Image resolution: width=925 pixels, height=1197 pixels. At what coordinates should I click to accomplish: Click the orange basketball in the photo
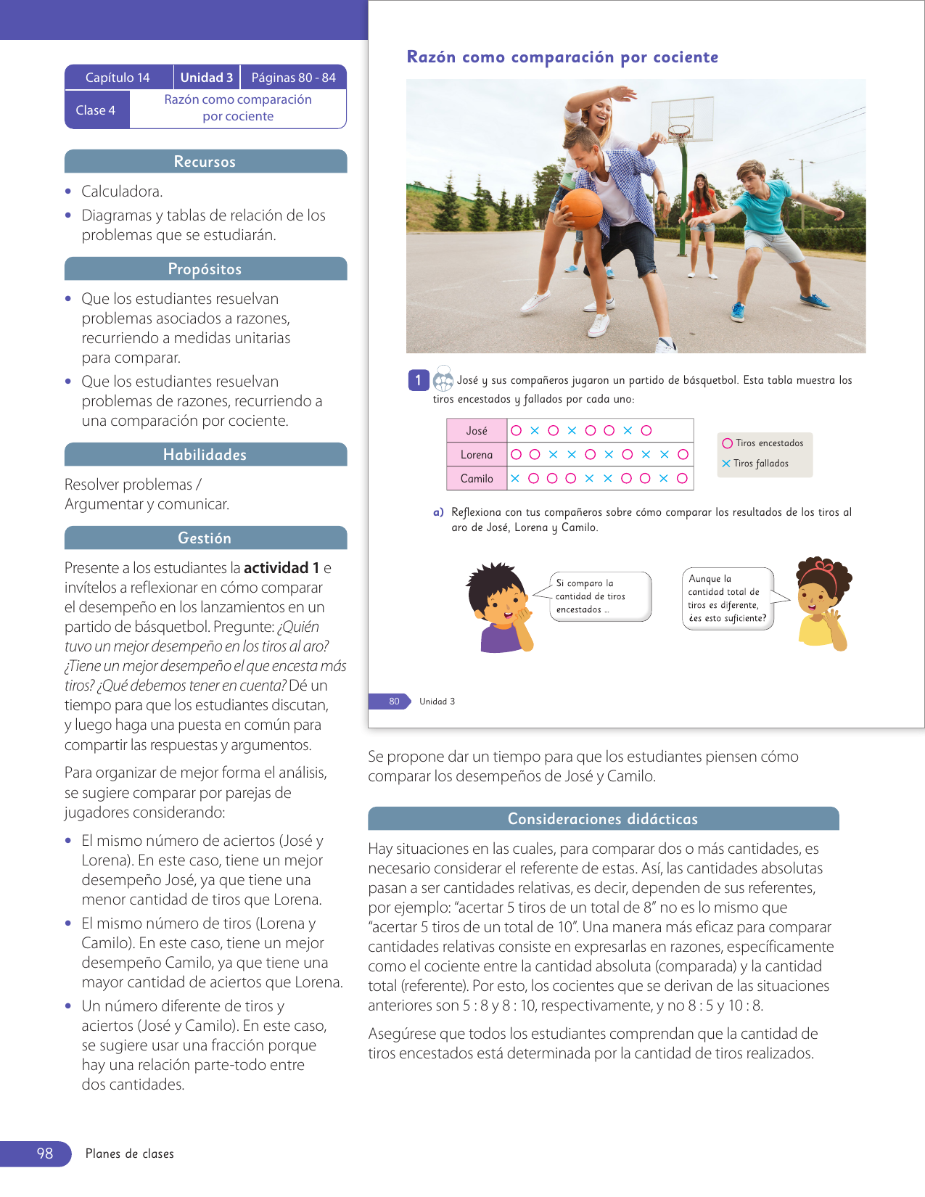[582, 208]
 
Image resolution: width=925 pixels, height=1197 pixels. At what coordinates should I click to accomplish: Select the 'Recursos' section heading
[205, 162]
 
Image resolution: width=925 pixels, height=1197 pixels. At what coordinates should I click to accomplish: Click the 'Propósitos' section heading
[205, 269]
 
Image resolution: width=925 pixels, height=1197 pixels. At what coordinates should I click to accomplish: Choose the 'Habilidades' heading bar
[205, 455]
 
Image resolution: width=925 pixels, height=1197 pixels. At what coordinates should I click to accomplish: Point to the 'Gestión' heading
[205, 538]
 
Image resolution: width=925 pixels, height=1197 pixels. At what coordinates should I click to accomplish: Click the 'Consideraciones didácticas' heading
[603, 819]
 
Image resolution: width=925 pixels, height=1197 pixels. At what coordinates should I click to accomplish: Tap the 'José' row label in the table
[477, 431]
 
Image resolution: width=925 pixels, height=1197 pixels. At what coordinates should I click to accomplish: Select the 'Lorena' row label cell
[477, 455]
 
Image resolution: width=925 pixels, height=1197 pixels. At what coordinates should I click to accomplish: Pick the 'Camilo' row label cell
[477, 479]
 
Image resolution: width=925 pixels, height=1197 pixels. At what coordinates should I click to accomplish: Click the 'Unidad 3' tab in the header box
[207, 78]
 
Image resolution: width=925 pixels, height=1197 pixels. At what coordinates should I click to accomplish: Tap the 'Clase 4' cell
[96, 110]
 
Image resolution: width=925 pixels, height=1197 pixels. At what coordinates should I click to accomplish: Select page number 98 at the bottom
[45, 1153]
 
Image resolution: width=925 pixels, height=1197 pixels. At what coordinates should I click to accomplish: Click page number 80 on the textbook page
[394, 702]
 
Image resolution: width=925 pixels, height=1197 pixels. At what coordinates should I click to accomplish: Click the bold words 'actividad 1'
[281, 568]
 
